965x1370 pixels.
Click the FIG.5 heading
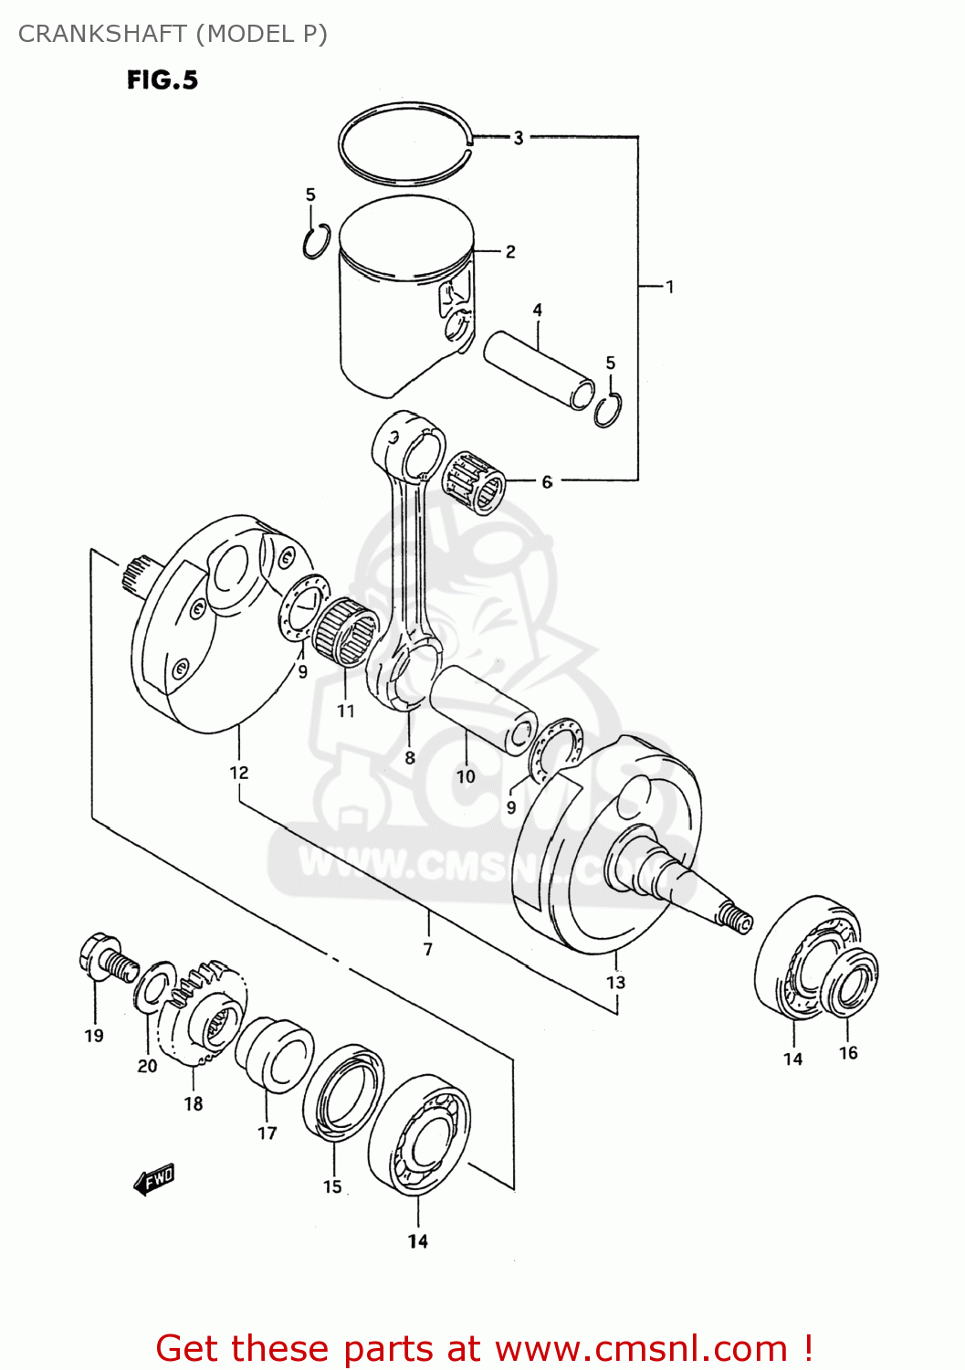tap(162, 80)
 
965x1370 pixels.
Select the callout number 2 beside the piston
tap(510, 251)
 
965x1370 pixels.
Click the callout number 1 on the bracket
tap(669, 287)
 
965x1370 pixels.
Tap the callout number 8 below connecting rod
tap(410, 757)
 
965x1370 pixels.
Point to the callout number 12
tap(238, 773)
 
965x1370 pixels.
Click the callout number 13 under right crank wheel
tap(616, 982)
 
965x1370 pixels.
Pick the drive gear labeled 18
tap(203, 1014)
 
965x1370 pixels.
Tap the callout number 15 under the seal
tap(332, 1186)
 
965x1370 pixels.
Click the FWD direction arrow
tap(153, 1180)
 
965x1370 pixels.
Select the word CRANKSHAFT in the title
tap(102, 34)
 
